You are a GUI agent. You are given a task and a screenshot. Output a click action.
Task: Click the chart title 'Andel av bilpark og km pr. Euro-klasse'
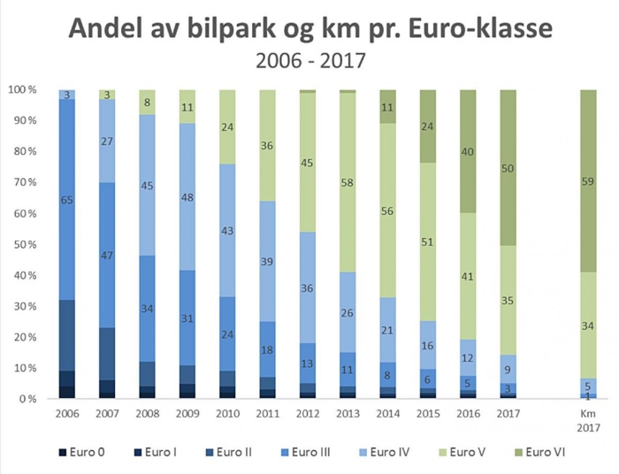309,28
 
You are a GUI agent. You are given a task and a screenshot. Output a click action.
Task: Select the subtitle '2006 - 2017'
309,62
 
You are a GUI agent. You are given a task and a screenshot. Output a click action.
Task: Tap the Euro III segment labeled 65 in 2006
67,201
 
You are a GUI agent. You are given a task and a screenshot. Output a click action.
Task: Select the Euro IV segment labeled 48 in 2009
188,197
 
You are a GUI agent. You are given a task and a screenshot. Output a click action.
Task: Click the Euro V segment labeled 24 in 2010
228,126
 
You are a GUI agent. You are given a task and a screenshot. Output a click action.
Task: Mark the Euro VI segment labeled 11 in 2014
388,106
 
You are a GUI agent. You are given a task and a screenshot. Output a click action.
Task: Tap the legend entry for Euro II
232,452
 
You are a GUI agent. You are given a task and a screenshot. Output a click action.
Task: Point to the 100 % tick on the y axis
22,90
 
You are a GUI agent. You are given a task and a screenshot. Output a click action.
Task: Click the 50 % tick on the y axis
24,245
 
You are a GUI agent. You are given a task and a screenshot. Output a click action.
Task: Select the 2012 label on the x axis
309,413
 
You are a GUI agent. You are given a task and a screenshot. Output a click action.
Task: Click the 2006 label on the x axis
67,413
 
